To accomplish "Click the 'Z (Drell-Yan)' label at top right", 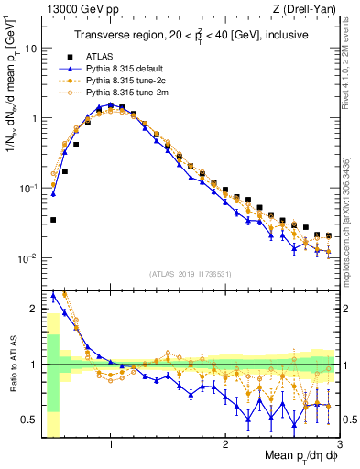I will point(307,9).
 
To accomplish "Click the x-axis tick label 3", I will point(340,446).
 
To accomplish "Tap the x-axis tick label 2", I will point(225,446).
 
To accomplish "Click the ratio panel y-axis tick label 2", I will point(34,309).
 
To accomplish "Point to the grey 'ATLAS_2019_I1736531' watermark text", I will point(191,274).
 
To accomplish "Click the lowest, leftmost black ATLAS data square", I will point(54,220).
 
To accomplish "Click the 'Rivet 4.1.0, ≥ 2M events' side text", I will point(352,73).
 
